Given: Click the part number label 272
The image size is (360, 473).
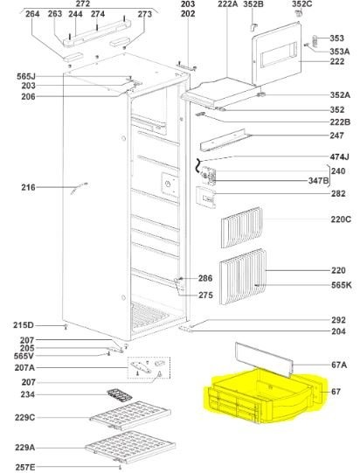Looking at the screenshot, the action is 83,3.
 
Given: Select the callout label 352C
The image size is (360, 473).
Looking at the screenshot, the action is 302,3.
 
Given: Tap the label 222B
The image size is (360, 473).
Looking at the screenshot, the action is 340,122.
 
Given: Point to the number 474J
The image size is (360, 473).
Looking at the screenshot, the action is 339,157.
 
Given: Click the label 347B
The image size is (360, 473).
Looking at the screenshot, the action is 318,181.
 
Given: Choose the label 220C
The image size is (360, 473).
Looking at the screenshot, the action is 341,219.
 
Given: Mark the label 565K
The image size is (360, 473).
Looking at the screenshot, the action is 342,285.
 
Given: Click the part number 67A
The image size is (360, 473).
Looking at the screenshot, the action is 339,365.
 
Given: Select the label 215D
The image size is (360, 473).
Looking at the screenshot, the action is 24,325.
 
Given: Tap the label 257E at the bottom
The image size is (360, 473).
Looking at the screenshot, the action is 25,467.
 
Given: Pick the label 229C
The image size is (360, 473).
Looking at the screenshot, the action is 25,418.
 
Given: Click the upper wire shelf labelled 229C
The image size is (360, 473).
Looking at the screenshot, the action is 130,415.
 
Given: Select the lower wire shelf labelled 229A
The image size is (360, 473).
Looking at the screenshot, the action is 130,447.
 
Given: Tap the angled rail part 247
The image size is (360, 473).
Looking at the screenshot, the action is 225,140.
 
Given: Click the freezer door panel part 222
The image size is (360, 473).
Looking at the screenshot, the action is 276,54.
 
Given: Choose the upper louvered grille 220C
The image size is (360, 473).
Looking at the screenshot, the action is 241,227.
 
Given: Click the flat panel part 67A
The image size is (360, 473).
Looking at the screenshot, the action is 264,359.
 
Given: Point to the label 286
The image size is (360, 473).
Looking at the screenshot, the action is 205,278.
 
